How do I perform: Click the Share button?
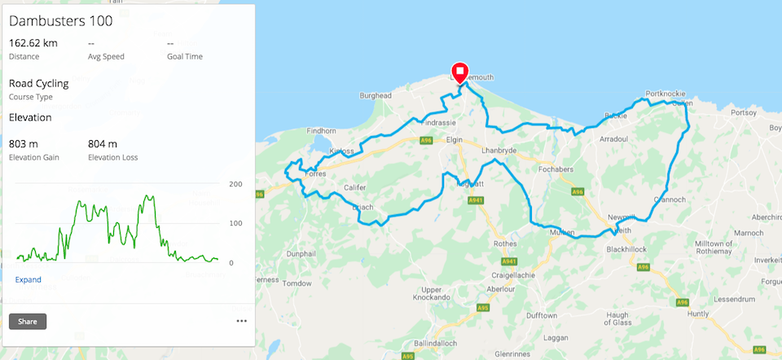point(28,322)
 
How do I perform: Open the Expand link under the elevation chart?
point(28,280)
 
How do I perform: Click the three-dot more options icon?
point(241,322)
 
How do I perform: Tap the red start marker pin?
point(459,72)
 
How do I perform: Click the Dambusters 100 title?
point(60,21)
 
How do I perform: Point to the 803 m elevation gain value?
point(23,144)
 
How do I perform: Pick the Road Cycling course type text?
point(38,83)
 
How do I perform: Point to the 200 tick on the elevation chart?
point(236,184)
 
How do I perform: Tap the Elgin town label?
point(455,140)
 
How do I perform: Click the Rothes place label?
point(507,243)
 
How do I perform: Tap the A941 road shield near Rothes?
point(510,261)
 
